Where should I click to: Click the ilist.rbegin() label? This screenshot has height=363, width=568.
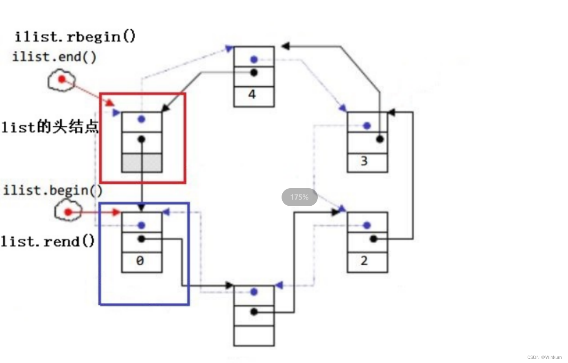(x=75, y=37)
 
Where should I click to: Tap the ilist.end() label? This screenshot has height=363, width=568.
(x=55, y=57)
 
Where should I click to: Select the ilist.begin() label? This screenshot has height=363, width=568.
(x=53, y=190)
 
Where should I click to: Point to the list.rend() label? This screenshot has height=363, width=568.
(x=48, y=241)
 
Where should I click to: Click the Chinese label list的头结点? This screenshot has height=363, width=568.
(x=50, y=127)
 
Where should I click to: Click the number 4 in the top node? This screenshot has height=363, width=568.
(x=252, y=95)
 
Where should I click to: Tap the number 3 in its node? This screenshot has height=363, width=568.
(x=364, y=161)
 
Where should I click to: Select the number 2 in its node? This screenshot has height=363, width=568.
(x=364, y=261)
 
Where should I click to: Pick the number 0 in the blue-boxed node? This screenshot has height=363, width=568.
(x=140, y=261)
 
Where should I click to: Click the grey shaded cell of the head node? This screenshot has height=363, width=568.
(x=142, y=163)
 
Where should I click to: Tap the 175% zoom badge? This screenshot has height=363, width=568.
(x=299, y=197)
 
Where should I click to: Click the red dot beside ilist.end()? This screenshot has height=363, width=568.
(x=61, y=79)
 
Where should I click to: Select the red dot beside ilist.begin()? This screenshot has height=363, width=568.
(x=68, y=212)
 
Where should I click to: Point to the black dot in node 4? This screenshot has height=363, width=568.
(x=254, y=73)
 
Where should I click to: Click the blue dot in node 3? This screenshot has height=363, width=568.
(x=367, y=126)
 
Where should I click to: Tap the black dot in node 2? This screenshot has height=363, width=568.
(x=374, y=239)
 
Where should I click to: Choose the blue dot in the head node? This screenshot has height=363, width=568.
(x=141, y=119)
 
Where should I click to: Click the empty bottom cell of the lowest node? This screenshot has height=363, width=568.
(x=254, y=336)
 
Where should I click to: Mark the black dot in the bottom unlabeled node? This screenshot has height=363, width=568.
(x=254, y=312)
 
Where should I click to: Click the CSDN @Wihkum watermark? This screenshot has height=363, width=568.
(x=544, y=357)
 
